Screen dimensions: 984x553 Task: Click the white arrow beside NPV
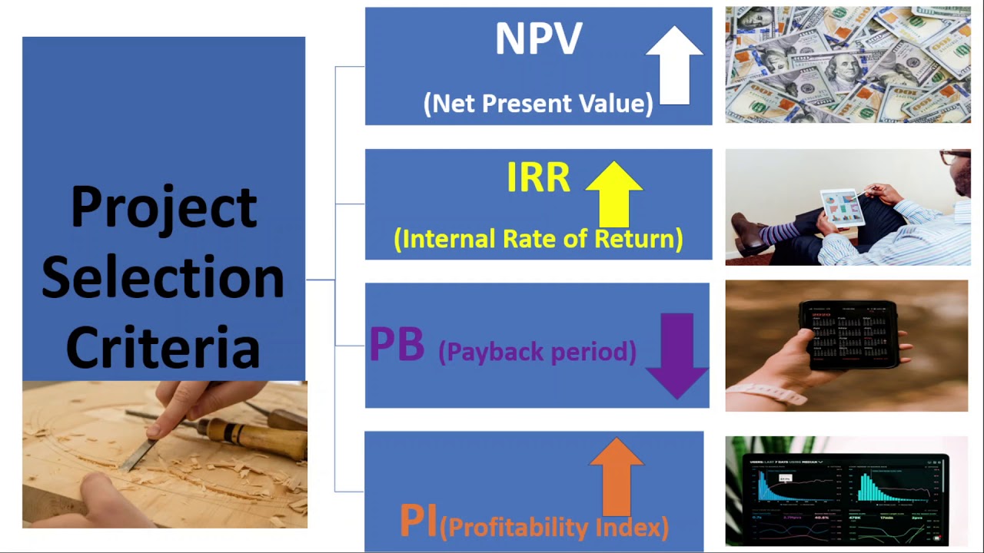click(674, 66)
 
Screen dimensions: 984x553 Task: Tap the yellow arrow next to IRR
click(614, 194)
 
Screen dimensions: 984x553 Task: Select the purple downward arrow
click(677, 356)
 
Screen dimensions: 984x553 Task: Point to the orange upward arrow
click(617, 477)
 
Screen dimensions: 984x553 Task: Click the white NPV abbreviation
click(539, 38)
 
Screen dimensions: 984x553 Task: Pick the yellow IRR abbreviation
click(539, 177)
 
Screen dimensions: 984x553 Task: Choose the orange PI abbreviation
click(418, 521)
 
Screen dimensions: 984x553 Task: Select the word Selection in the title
click(163, 276)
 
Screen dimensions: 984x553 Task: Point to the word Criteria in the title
click(163, 346)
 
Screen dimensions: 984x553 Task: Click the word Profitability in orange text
click(518, 528)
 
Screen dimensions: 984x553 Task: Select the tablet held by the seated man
click(843, 207)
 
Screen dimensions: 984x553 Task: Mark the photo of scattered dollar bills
click(848, 65)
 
